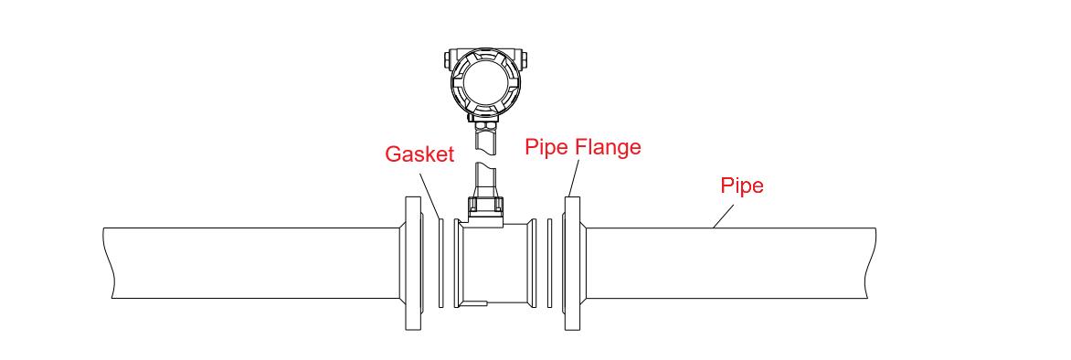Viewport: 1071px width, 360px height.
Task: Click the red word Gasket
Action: (x=419, y=154)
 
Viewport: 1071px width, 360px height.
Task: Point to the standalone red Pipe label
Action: (x=741, y=186)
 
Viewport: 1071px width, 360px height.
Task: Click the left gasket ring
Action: (x=440, y=262)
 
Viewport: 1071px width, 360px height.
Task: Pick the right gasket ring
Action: (x=549, y=262)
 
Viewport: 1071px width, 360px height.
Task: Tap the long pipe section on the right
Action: (x=722, y=263)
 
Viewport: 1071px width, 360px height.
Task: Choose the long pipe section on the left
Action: (x=256, y=263)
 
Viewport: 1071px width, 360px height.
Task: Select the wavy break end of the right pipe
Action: (x=870, y=263)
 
